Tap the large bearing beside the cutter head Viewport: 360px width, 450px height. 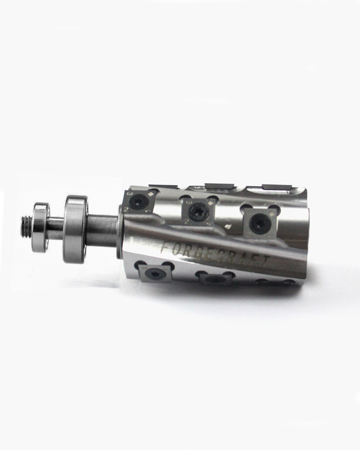[x=76, y=228]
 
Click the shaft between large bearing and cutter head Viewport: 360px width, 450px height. [x=105, y=227]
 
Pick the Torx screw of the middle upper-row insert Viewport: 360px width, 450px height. [x=200, y=212]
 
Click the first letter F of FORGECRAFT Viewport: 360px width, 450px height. [x=166, y=247]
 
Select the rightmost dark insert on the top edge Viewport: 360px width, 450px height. [x=276, y=187]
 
